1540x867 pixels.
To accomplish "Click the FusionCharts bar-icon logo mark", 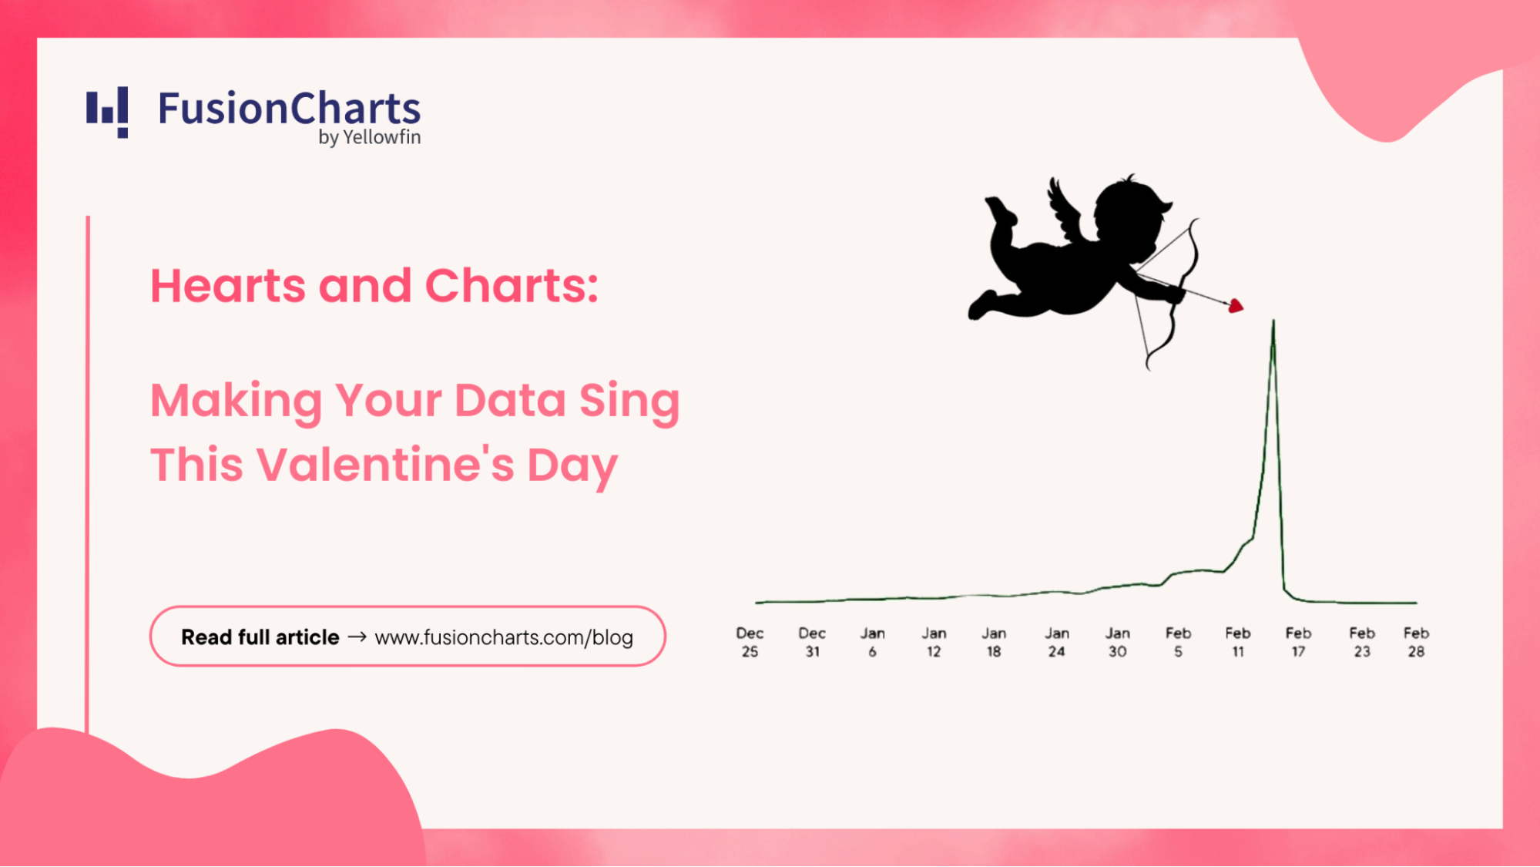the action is tap(107, 113).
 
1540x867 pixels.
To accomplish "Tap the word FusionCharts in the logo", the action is tap(290, 109).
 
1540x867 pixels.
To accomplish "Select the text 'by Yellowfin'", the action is tap(370, 137).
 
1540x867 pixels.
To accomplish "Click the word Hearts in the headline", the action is tap(228, 286).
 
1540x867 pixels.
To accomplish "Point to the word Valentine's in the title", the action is tap(385, 465).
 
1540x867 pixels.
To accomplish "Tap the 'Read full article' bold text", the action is tap(260, 637).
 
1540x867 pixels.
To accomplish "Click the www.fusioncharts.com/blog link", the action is tap(504, 637).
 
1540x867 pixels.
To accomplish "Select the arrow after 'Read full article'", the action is tap(357, 637).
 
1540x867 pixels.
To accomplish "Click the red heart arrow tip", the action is tap(1236, 306).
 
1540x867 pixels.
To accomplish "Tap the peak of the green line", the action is tap(1273, 320).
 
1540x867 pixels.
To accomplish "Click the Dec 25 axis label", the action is tap(750, 642).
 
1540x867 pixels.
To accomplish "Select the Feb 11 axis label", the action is tap(1238, 642).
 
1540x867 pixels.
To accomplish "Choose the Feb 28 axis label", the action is tap(1416, 642).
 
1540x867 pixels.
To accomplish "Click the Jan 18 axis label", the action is tap(994, 642).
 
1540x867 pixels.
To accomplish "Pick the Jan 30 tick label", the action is tap(1118, 642).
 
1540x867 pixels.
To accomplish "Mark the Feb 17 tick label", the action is tap(1298, 642).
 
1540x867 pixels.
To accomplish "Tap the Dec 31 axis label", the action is tap(812, 642).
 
